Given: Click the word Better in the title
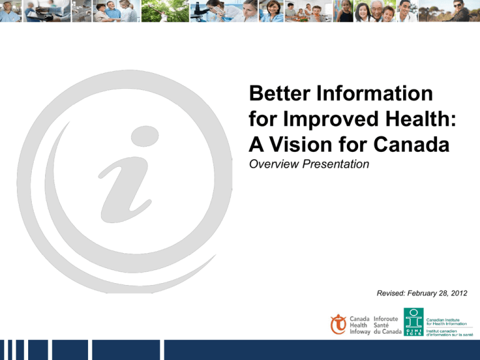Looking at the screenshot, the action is pos(280,93).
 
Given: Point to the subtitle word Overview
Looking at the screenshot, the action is pos(274,164).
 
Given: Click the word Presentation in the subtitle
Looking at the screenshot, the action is pos(336,164).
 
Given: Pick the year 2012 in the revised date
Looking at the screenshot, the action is pos(459,293).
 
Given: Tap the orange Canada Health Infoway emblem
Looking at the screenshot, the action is pos(338,324).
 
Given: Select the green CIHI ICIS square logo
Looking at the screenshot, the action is pos(414,322).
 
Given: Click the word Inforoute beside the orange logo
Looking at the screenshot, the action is pos(386,319).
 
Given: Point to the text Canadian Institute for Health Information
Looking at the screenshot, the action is pos(446,322).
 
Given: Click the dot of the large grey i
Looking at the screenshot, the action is pos(145,136).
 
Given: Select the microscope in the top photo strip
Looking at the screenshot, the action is pos(199,10).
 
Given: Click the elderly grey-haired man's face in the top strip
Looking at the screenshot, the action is pos(376,9).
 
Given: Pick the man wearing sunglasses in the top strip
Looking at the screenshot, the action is pos(457,11).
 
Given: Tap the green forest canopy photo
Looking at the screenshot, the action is pos(165,11).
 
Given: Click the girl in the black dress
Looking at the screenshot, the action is pos(346,11).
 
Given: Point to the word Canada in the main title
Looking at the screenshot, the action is pos(411,144).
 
